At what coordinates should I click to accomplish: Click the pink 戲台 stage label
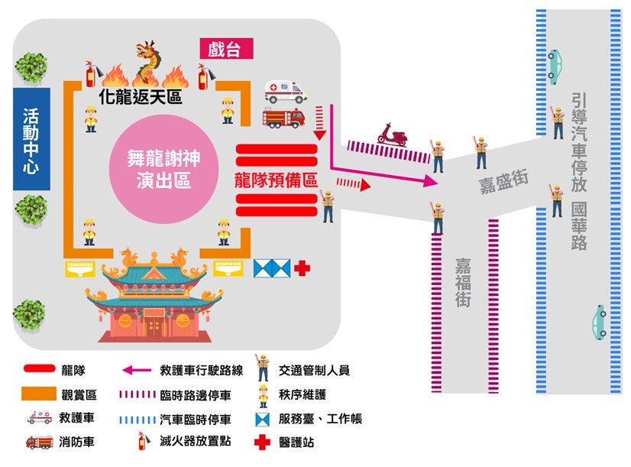tap(225, 50)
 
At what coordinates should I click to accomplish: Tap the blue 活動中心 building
tap(31, 138)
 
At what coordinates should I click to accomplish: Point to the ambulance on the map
tap(285, 92)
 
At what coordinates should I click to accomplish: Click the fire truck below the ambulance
tap(283, 118)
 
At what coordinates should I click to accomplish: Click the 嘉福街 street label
tap(463, 282)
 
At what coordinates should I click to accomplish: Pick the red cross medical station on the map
tap(303, 268)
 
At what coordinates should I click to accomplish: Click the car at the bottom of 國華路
tap(600, 321)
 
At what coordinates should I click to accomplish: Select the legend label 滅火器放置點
tap(195, 441)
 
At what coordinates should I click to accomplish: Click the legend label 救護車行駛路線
tap(202, 371)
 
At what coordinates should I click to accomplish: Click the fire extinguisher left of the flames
tap(90, 75)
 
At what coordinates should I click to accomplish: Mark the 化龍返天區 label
tap(143, 97)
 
